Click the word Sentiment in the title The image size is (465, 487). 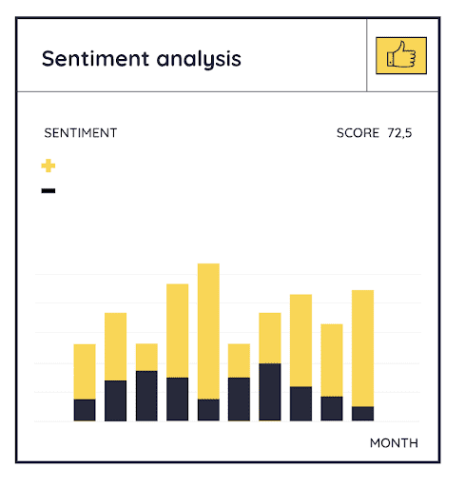(x=95, y=59)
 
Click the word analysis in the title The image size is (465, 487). (x=199, y=60)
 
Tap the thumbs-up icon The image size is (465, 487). (x=401, y=55)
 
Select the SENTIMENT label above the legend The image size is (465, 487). (x=81, y=133)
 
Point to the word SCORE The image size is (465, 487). (x=358, y=133)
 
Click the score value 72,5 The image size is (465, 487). (x=399, y=133)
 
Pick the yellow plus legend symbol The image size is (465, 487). (x=48, y=166)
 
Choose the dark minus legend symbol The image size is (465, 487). (x=48, y=190)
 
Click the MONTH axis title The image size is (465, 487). (x=394, y=443)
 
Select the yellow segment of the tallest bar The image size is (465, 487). (x=208, y=331)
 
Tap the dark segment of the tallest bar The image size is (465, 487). (x=208, y=410)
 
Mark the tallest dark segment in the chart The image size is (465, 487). (x=270, y=392)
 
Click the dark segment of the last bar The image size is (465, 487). (x=362, y=414)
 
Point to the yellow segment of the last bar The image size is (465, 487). (x=362, y=348)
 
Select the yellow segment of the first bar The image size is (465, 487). (x=85, y=372)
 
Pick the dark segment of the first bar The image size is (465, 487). (x=85, y=410)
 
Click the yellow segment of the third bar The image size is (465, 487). (x=146, y=358)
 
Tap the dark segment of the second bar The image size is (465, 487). (x=115, y=400)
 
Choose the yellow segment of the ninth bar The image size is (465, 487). (x=332, y=360)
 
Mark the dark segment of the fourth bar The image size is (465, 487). (x=178, y=399)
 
